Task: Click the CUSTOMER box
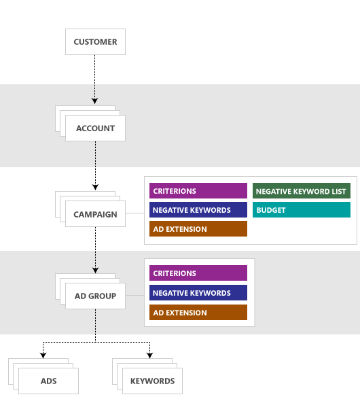[x=95, y=41]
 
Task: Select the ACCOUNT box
[x=95, y=128]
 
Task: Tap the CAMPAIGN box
[x=95, y=214]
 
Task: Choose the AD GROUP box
[x=95, y=296]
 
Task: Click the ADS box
[x=48, y=381]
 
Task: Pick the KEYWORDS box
[x=152, y=381]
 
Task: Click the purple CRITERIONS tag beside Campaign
[x=198, y=191]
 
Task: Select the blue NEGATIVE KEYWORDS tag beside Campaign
[x=198, y=210]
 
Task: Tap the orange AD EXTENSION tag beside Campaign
[x=198, y=229]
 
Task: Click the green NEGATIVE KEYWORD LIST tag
[x=302, y=191]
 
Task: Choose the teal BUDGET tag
[x=302, y=210]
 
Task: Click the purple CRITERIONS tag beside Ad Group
[x=198, y=273]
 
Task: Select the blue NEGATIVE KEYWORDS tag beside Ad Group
[x=198, y=293]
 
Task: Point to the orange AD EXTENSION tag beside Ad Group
[x=198, y=313]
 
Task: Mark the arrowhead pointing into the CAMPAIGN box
[x=95, y=188]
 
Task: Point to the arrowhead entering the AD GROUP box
[x=95, y=270]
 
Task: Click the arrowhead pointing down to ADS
[x=43, y=355]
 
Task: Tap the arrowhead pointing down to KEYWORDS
[x=150, y=355]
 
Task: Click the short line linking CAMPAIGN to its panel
[x=134, y=214]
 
